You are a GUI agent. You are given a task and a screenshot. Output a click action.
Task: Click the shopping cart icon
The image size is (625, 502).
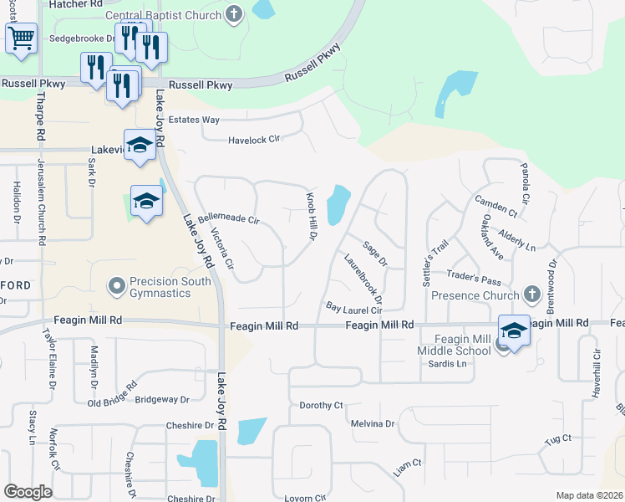click(x=21, y=38)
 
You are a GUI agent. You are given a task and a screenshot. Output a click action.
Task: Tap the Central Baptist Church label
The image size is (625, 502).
click(x=163, y=15)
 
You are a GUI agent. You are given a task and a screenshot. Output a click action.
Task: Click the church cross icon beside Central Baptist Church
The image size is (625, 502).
click(x=234, y=14)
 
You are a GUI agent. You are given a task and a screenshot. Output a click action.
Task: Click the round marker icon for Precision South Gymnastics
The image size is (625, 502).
click(x=117, y=287)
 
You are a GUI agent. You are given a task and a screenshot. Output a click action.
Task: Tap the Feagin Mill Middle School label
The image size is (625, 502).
click(x=455, y=344)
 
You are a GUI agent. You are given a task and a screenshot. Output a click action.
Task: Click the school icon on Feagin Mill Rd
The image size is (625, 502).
click(x=514, y=330)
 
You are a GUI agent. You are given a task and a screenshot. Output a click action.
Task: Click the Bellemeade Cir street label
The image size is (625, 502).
click(x=230, y=219)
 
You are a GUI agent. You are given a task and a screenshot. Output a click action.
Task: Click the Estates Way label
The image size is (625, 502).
click(x=194, y=120)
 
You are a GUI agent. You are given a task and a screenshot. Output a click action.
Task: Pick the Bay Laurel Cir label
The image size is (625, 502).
click(x=354, y=309)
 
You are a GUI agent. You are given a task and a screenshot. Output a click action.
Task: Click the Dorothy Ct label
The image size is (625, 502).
click(x=321, y=405)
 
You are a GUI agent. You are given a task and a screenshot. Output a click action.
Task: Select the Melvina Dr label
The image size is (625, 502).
click(x=372, y=423)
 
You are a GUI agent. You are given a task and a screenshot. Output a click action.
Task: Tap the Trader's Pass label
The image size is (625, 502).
click(x=474, y=277)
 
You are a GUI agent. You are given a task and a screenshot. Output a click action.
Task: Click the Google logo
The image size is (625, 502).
click(x=28, y=492)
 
